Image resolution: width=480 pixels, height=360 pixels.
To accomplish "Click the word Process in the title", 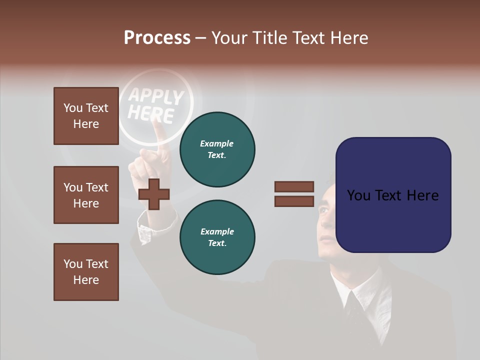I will (x=157, y=38).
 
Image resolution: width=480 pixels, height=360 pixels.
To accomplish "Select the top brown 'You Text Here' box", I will (x=86, y=116).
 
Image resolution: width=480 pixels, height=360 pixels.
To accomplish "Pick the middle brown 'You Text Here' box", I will (x=86, y=195).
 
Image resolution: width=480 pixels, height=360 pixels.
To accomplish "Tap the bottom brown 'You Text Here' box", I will (x=86, y=272).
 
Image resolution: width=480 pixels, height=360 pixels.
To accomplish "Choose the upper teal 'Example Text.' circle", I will (x=217, y=149).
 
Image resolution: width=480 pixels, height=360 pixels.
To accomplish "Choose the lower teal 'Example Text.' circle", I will (x=217, y=237).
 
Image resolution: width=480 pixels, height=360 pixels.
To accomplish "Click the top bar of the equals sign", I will (x=294, y=187).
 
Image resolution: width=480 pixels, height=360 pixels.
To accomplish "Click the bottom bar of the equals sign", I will (x=294, y=201).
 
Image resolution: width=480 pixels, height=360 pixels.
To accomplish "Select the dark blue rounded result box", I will (x=393, y=195).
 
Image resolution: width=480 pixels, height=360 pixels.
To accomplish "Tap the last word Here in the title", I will (x=350, y=38).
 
